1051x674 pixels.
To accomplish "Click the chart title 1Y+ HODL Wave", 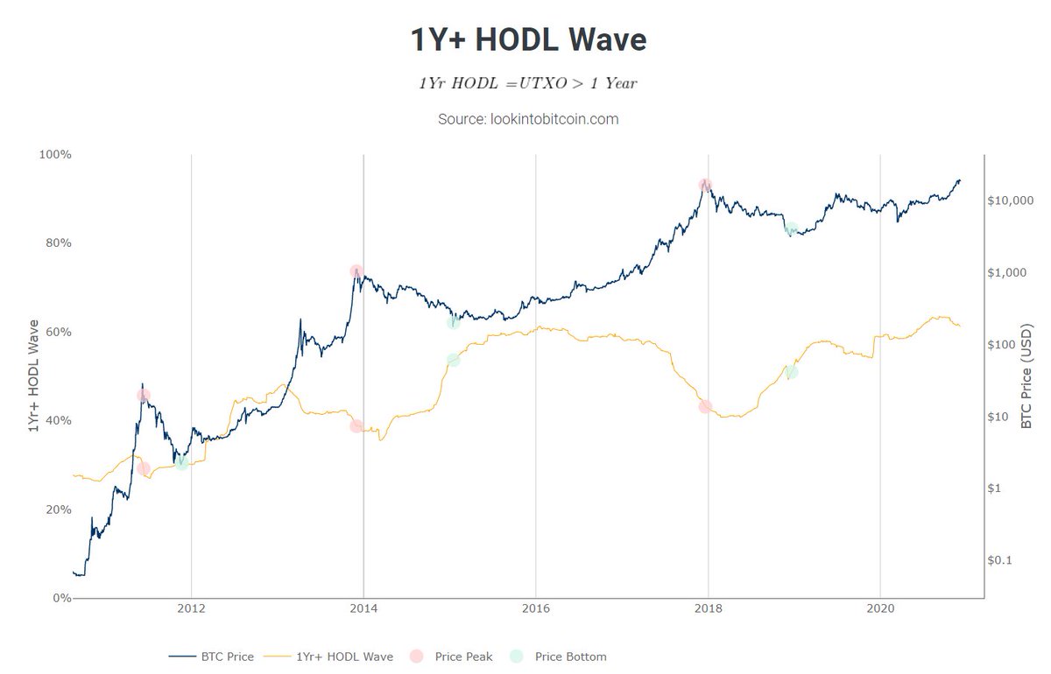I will click(x=528, y=40).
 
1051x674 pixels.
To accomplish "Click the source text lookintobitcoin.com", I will click(x=528, y=118).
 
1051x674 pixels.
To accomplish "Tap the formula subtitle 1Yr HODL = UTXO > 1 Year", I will click(x=527, y=82).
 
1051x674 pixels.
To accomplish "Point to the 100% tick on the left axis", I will click(x=55, y=154).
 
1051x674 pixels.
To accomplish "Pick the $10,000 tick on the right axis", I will click(x=1012, y=200).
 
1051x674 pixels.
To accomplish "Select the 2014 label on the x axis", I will click(x=363, y=610).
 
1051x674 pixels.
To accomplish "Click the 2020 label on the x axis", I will click(x=879, y=610).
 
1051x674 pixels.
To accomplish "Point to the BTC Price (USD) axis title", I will click(x=1026, y=376).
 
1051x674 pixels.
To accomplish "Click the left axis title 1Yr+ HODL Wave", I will click(x=33, y=376).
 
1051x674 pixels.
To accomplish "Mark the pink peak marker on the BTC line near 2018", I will click(x=705, y=185).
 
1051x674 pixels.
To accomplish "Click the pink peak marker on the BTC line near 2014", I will click(x=356, y=271).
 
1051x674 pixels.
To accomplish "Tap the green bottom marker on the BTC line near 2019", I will click(x=791, y=229).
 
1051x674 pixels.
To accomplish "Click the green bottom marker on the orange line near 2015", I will click(x=453, y=360).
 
